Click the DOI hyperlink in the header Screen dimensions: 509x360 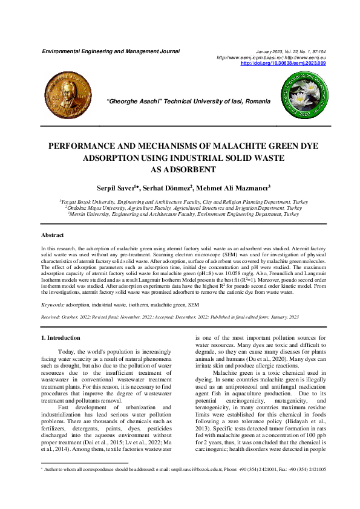(283, 63)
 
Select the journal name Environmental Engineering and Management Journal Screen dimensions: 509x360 (111, 51)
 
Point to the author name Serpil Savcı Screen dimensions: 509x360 (119, 187)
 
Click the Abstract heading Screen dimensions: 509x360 (53, 235)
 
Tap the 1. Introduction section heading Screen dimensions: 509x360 (60, 338)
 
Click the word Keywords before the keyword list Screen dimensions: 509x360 (53, 305)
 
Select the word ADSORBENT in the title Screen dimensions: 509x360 (180, 170)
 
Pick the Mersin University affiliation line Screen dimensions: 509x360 (180, 214)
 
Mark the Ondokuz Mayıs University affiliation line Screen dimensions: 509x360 (180, 208)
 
